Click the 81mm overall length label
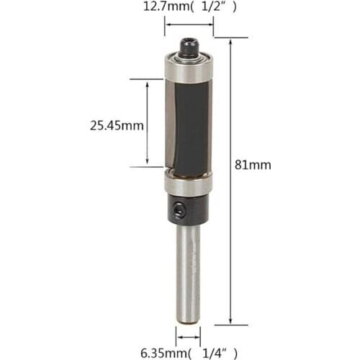[x=253, y=164]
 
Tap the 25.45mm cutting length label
[x=117, y=125]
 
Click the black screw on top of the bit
[x=189, y=48]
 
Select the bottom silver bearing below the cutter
[x=188, y=184]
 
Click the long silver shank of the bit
[x=189, y=266]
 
